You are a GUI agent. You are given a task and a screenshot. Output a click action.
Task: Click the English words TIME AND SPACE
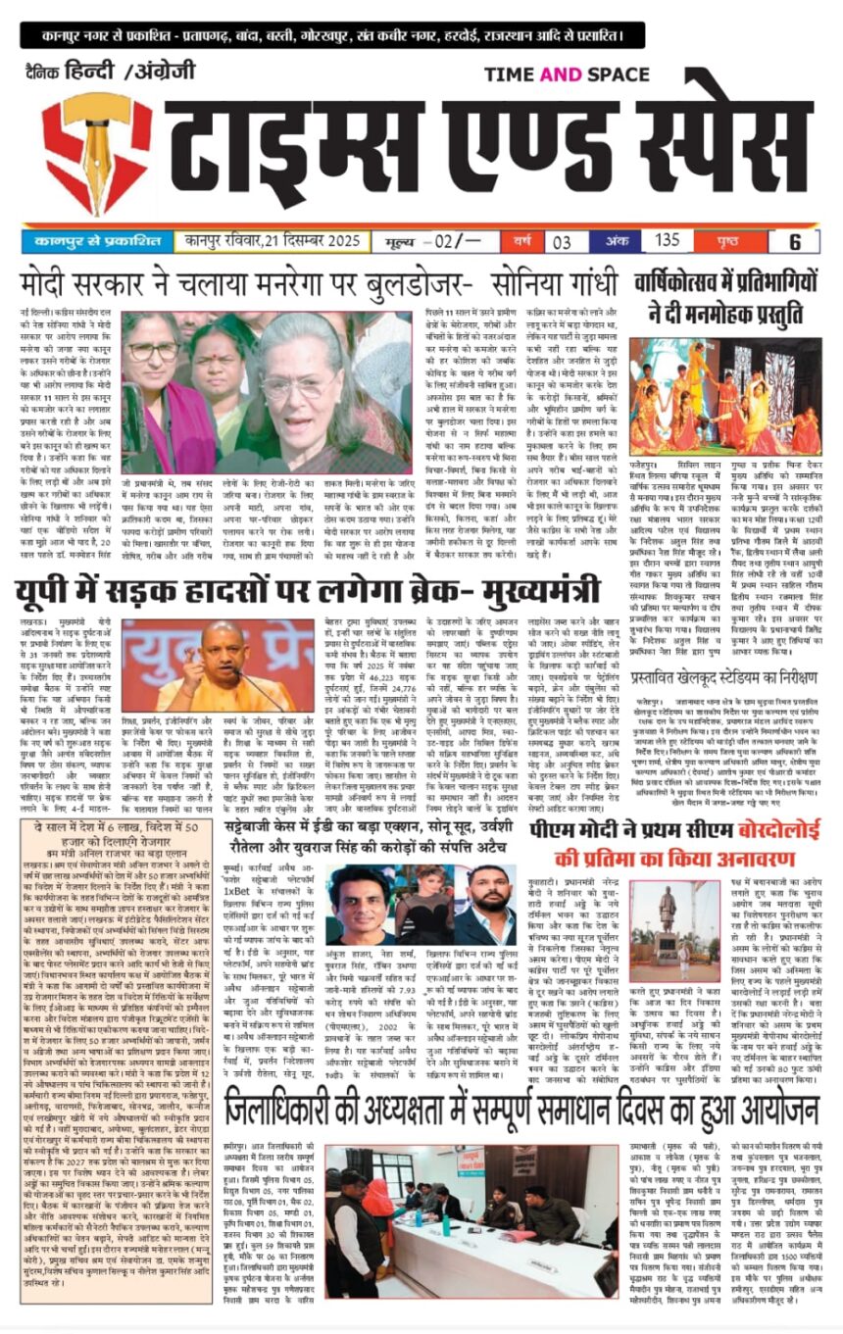tap(567, 75)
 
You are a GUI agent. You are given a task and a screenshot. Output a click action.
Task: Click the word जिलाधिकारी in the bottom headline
tap(315, 1112)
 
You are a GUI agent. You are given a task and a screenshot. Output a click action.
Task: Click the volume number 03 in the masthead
tap(563, 241)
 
